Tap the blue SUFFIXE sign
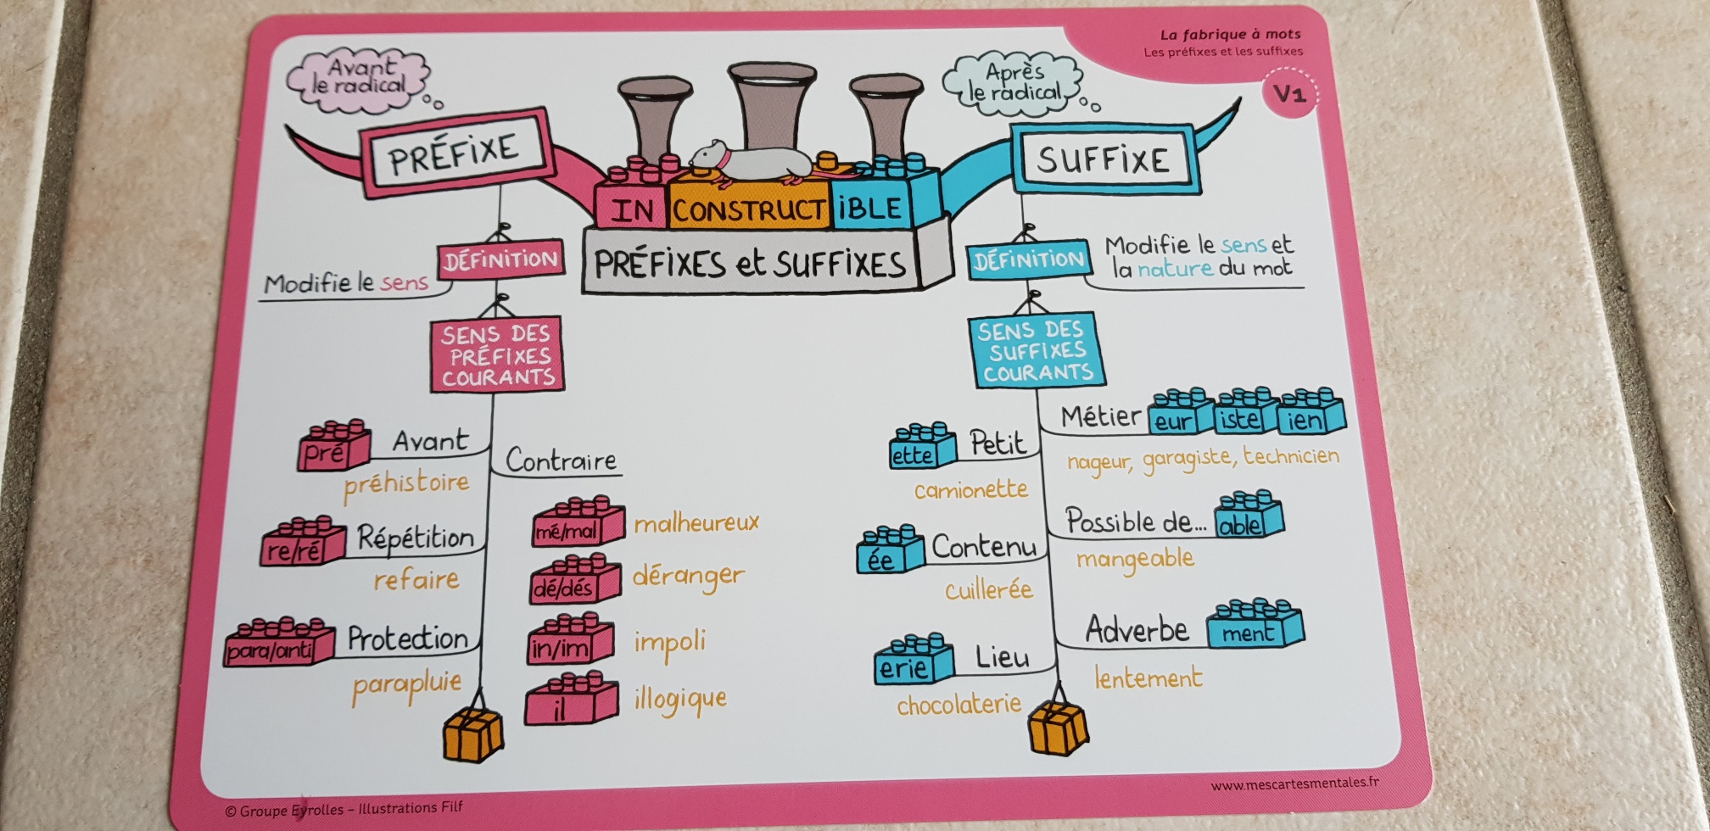(1103, 159)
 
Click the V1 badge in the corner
(1289, 93)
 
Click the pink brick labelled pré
(332, 446)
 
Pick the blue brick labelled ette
(920, 447)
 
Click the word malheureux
(696, 523)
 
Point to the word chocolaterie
(958, 705)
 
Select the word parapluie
(407, 686)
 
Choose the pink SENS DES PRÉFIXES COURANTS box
(496, 355)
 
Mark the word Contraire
(561, 460)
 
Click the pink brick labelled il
(569, 700)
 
